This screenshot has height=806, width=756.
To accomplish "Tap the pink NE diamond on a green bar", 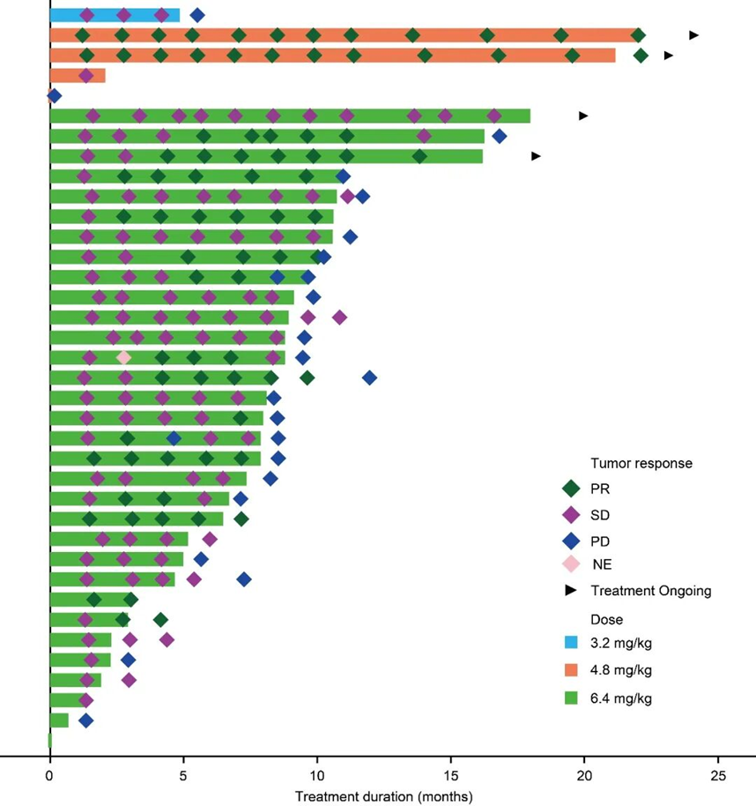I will (123, 357).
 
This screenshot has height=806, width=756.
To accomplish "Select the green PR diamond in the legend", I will (570, 489).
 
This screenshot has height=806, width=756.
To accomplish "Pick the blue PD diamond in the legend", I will (570, 540).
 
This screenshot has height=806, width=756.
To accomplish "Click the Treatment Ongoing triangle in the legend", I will (570, 591).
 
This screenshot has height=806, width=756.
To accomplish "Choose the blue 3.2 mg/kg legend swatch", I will (570, 642).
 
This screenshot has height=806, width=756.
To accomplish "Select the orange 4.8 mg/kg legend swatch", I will (570, 670).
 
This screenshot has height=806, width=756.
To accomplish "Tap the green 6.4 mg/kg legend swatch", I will (570, 698).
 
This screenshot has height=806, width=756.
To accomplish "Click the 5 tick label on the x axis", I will (183, 775).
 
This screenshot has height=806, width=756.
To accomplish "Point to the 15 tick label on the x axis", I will (451, 775).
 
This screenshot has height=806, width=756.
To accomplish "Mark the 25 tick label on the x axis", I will (718, 775).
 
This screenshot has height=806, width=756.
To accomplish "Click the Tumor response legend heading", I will (629, 463).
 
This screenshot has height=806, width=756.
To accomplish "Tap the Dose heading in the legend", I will (604, 619).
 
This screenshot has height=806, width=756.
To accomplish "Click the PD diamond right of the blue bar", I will (197, 15).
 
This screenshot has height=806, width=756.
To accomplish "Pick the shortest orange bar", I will (78, 76).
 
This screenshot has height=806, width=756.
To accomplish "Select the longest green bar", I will (291, 116).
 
